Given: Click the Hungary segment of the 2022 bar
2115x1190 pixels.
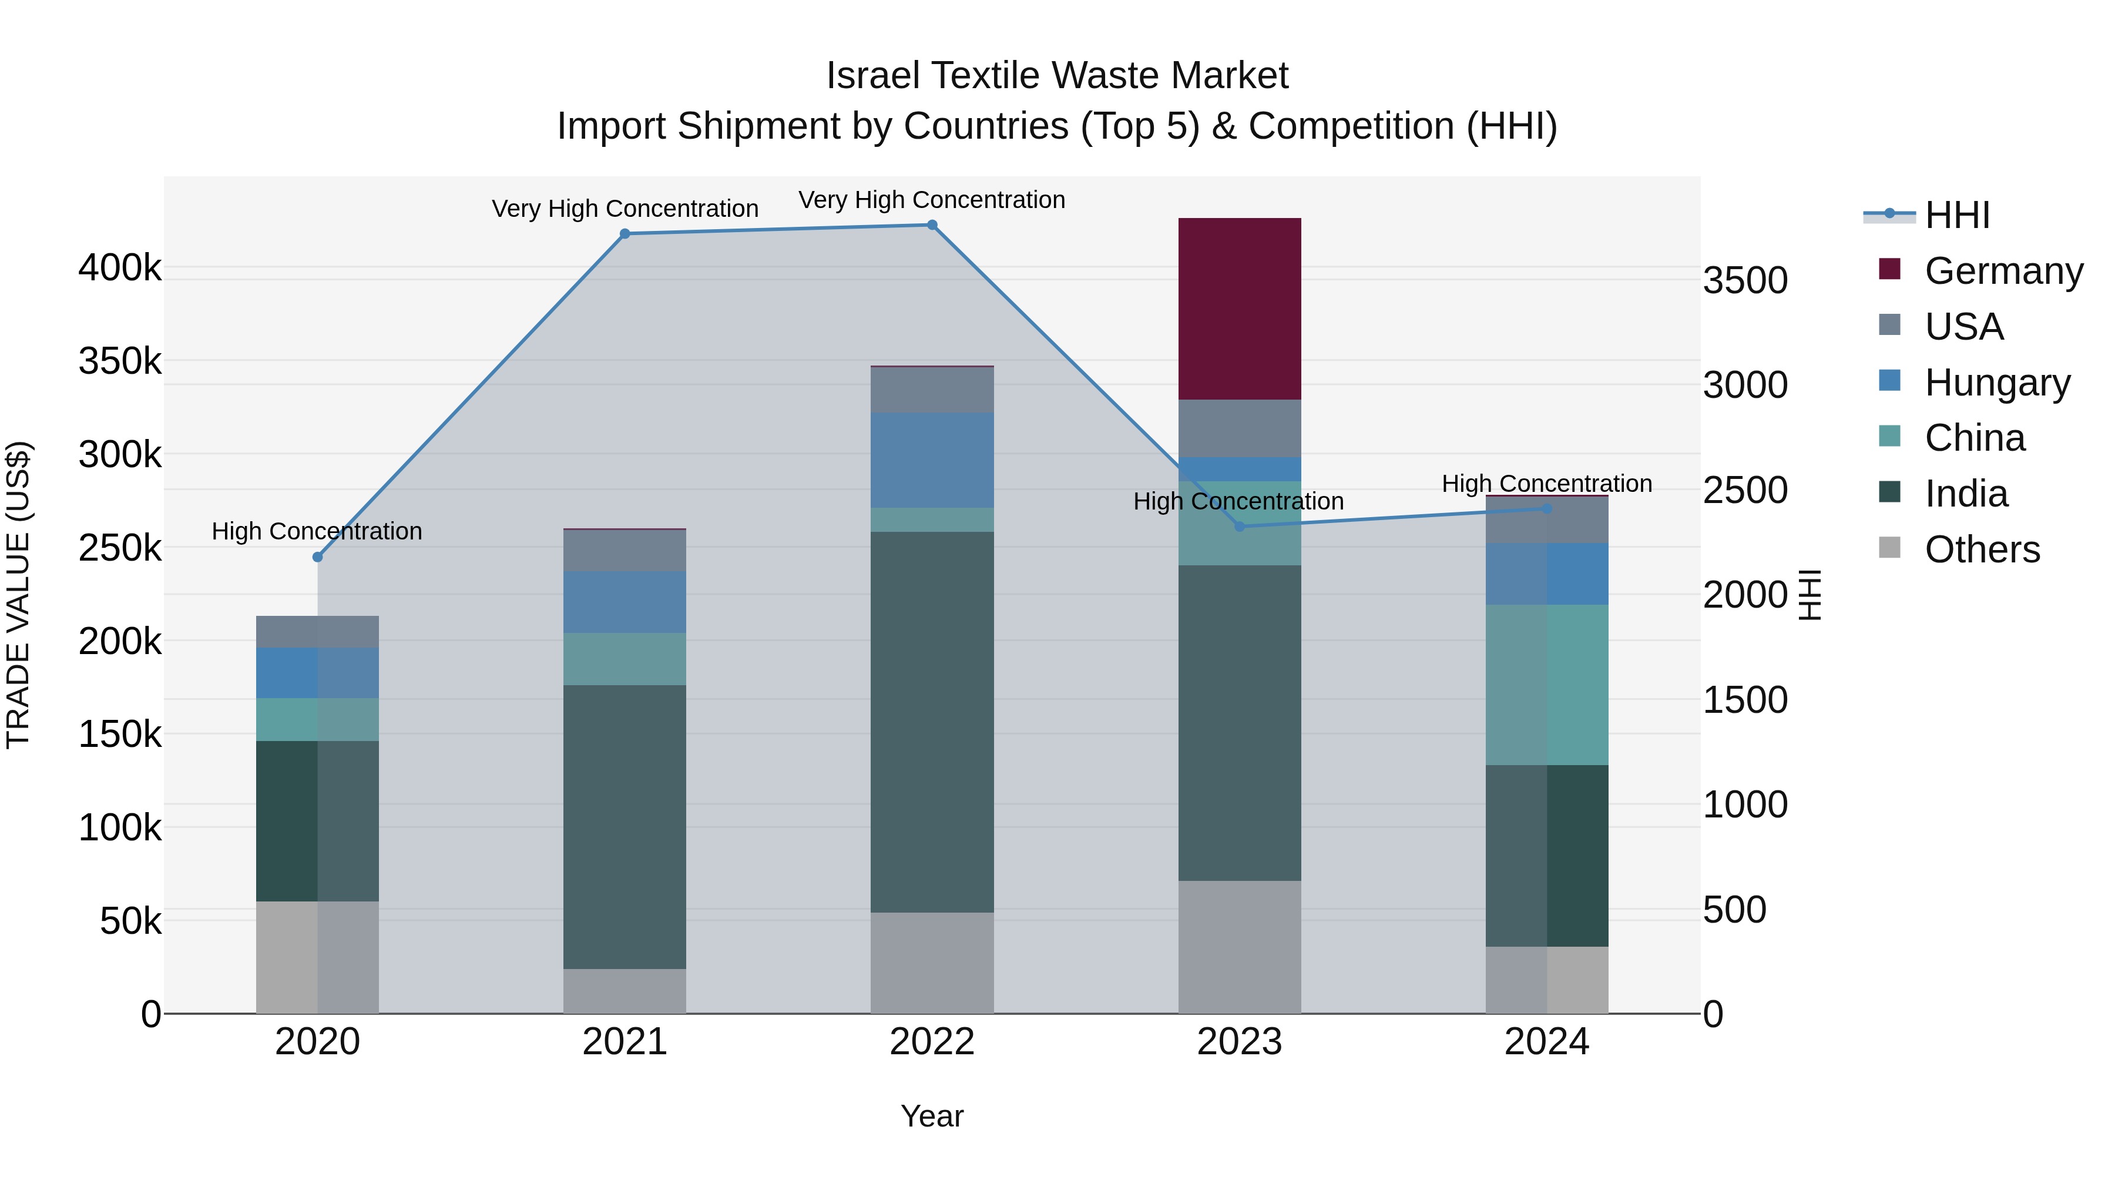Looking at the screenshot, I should point(932,460).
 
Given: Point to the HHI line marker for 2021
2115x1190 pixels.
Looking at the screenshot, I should point(625,234).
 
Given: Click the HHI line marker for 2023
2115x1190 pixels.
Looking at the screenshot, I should point(1240,527).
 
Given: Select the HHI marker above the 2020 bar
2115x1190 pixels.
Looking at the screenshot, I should point(318,557).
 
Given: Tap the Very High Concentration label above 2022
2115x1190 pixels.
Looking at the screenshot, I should point(932,200).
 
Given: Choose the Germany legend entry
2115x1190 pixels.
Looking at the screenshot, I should point(2003,271).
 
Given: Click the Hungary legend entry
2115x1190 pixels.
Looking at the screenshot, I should point(1997,383).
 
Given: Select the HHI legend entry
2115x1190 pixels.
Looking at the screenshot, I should point(1958,215).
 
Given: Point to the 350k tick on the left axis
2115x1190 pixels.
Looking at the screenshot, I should point(120,361).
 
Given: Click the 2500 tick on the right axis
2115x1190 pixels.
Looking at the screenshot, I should point(1745,490).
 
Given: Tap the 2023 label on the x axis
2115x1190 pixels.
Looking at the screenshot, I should point(1239,1042).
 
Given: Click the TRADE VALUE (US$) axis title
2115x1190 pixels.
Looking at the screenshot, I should point(19,595).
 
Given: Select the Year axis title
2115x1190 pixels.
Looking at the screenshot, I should point(932,1116).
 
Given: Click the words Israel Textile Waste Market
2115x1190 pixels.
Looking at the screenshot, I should point(1057,76).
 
